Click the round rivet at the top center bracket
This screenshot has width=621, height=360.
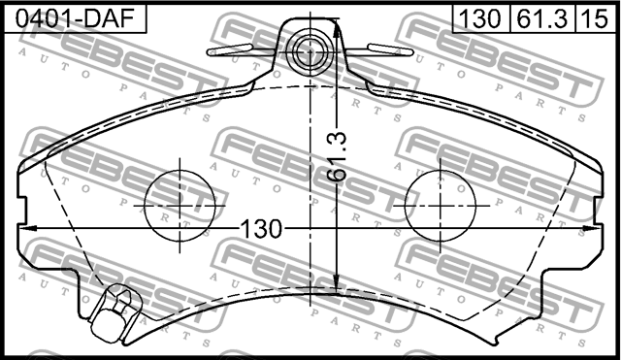pos(310,49)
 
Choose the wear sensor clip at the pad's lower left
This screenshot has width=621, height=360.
pos(114,312)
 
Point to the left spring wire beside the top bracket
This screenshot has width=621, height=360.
pos(243,48)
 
